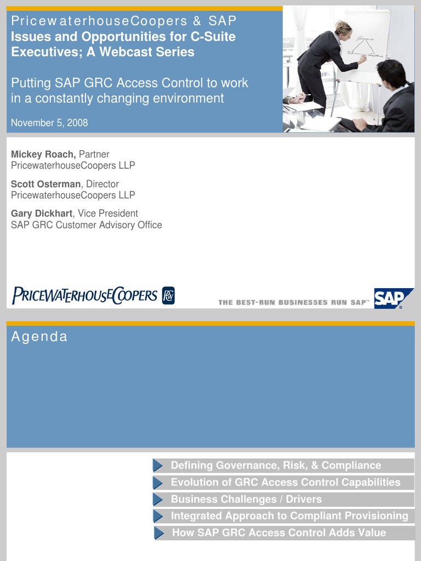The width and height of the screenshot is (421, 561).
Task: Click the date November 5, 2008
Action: click(x=49, y=123)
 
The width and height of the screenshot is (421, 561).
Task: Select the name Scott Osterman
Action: click(x=45, y=184)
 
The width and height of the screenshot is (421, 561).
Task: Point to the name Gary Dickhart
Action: click(x=42, y=214)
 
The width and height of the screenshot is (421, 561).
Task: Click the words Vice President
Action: click(x=108, y=214)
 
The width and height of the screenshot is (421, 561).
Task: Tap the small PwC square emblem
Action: click(x=168, y=296)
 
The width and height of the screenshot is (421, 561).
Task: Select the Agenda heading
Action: click(x=39, y=337)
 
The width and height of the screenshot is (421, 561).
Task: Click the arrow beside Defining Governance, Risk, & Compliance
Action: click(x=158, y=466)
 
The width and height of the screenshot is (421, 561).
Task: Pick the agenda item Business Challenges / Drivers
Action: click(x=246, y=499)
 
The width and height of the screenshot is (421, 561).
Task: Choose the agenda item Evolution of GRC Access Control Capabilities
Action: click(x=286, y=483)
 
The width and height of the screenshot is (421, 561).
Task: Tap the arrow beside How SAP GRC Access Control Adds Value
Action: click(x=159, y=533)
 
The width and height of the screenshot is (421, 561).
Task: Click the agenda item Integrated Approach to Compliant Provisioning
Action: click(x=289, y=516)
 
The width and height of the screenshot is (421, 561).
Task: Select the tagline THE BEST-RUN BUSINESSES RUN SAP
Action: click(x=293, y=302)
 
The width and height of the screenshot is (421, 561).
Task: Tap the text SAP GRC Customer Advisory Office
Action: click(x=87, y=225)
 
